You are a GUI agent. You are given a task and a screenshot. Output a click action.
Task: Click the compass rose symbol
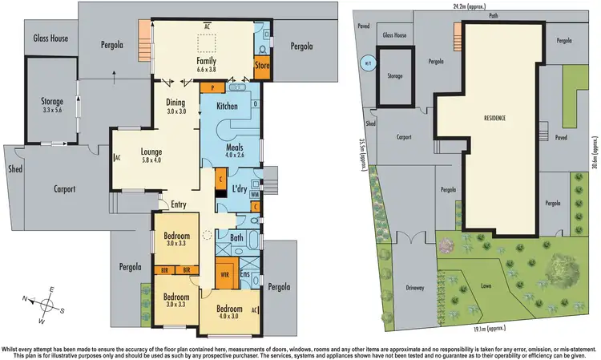[47, 304]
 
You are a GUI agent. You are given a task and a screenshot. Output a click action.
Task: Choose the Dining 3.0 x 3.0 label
[175, 107]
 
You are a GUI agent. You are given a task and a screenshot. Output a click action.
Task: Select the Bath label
[236, 238]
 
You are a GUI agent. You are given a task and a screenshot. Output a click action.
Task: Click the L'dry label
[240, 188]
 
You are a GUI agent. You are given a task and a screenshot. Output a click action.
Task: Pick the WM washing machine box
[255, 194]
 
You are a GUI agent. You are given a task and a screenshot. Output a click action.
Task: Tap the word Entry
[179, 204]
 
